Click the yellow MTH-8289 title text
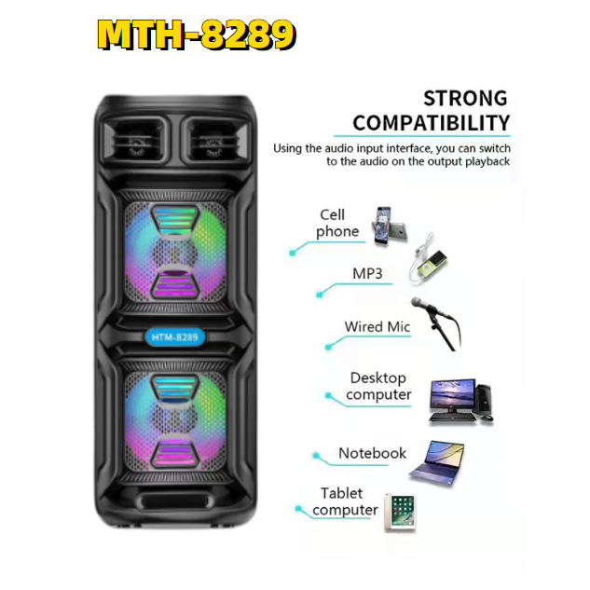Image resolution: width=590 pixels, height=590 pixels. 196,34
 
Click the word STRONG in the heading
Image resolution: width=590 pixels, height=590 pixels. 465,98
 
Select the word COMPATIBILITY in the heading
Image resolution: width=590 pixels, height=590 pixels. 431,122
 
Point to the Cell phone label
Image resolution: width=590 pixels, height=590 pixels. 338,224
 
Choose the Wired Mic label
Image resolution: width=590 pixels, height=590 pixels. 377,327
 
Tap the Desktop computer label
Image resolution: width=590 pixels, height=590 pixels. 378,386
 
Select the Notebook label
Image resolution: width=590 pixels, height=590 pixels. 372,454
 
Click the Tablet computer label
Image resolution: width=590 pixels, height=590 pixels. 345,501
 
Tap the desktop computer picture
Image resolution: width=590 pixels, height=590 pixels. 459,402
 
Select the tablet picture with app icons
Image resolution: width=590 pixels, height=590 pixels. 399,512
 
